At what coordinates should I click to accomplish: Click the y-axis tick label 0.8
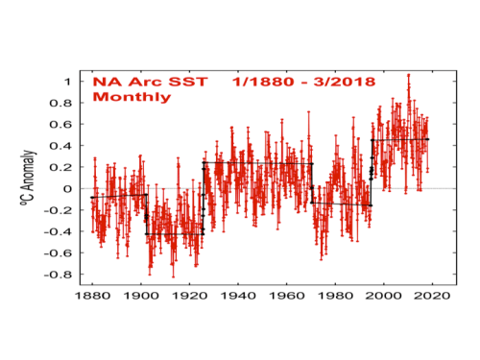(60, 103)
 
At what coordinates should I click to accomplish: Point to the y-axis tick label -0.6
(58, 253)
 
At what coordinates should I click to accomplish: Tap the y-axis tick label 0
(67, 189)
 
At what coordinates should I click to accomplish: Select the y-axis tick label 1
(67, 82)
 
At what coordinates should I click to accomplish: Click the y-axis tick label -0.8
(58, 275)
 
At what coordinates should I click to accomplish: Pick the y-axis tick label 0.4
(60, 146)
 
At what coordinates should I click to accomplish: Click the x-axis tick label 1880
(92, 296)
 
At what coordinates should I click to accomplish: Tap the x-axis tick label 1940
(238, 296)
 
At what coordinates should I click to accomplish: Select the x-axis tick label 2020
(432, 296)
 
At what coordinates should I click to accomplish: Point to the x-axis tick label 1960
(287, 296)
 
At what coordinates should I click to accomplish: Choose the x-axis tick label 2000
(384, 296)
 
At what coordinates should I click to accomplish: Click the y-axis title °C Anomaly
(28, 178)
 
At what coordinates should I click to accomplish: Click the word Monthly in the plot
(132, 97)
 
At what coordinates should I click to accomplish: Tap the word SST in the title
(188, 82)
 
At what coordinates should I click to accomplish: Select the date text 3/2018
(345, 82)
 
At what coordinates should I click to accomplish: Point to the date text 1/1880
(263, 82)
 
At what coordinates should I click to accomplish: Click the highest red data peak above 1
(408, 75)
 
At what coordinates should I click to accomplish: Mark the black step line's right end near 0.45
(428, 139)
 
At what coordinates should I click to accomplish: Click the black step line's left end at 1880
(92, 198)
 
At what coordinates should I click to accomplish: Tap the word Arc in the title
(145, 82)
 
